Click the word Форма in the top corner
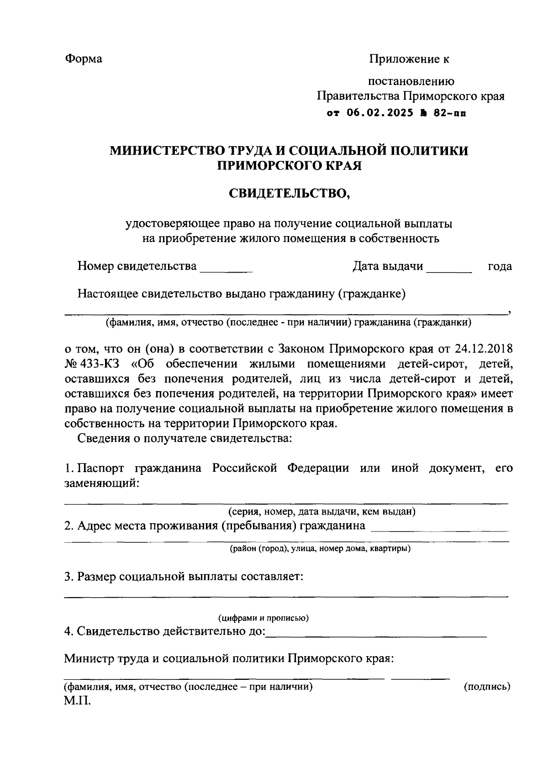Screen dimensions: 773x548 pos(84,59)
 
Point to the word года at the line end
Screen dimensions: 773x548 pos(500,266)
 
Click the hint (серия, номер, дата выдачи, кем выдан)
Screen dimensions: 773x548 pos(321,511)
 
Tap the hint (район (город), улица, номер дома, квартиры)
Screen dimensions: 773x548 pos(320,548)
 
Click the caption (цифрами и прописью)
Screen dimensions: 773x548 pos(263,618)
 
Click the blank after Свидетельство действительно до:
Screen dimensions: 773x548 pos(376,633)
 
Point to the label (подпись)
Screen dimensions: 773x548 pos(487,687)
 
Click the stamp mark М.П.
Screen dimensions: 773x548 pos(78,701)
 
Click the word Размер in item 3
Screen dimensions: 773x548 pos(96,577)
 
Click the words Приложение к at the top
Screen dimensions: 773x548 pos(409,59)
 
